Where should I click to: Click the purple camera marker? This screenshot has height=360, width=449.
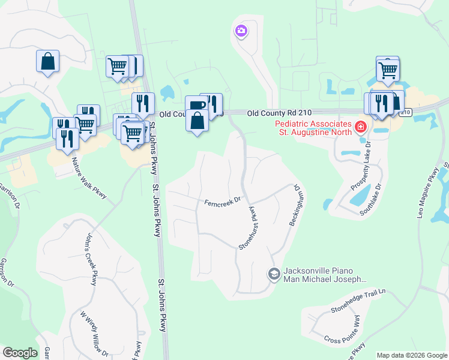coord(241,31)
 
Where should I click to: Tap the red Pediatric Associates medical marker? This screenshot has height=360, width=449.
coord(360,127)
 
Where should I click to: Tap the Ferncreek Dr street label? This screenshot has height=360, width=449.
coord(222,201)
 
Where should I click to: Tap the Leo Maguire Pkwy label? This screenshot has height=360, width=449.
coord(433,187)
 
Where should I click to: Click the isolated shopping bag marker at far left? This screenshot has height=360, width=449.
coord(47,61)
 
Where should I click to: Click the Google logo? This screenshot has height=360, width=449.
coord(20,352)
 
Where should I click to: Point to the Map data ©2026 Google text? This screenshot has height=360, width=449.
coord(412,355)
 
